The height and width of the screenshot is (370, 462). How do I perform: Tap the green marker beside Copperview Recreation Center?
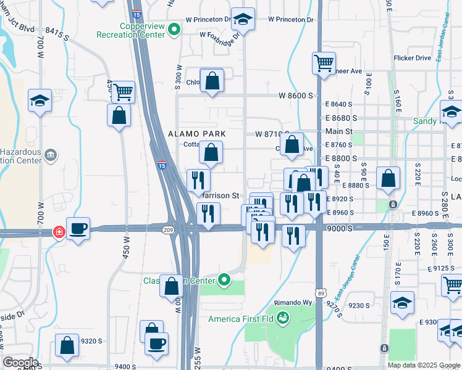click(175, 28)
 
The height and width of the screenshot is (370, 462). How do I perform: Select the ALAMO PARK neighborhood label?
click(197, 133)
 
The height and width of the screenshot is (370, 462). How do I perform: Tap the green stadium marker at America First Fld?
click(283, 318)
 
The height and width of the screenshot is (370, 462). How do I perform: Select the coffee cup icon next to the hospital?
click(78, 229)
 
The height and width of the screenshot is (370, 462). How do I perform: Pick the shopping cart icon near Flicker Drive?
click(324, 63)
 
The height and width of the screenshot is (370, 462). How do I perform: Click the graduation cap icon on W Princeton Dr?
click(243, 20)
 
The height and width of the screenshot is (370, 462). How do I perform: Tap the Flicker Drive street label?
click(412, 58)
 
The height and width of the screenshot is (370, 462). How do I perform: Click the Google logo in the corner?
click(20, 362)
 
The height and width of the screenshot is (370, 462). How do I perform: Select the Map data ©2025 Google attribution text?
click(423, 365)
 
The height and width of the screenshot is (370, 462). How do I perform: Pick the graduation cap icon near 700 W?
click(40, 100)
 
